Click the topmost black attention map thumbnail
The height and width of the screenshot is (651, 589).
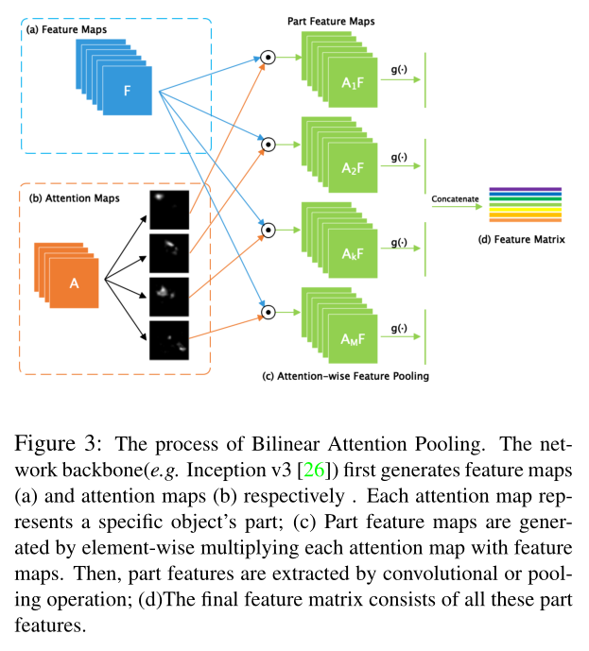169,207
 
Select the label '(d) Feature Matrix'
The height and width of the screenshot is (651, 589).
525,240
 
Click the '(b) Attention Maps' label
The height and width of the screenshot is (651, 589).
72,197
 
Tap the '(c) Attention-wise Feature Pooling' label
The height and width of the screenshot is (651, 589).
346,376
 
